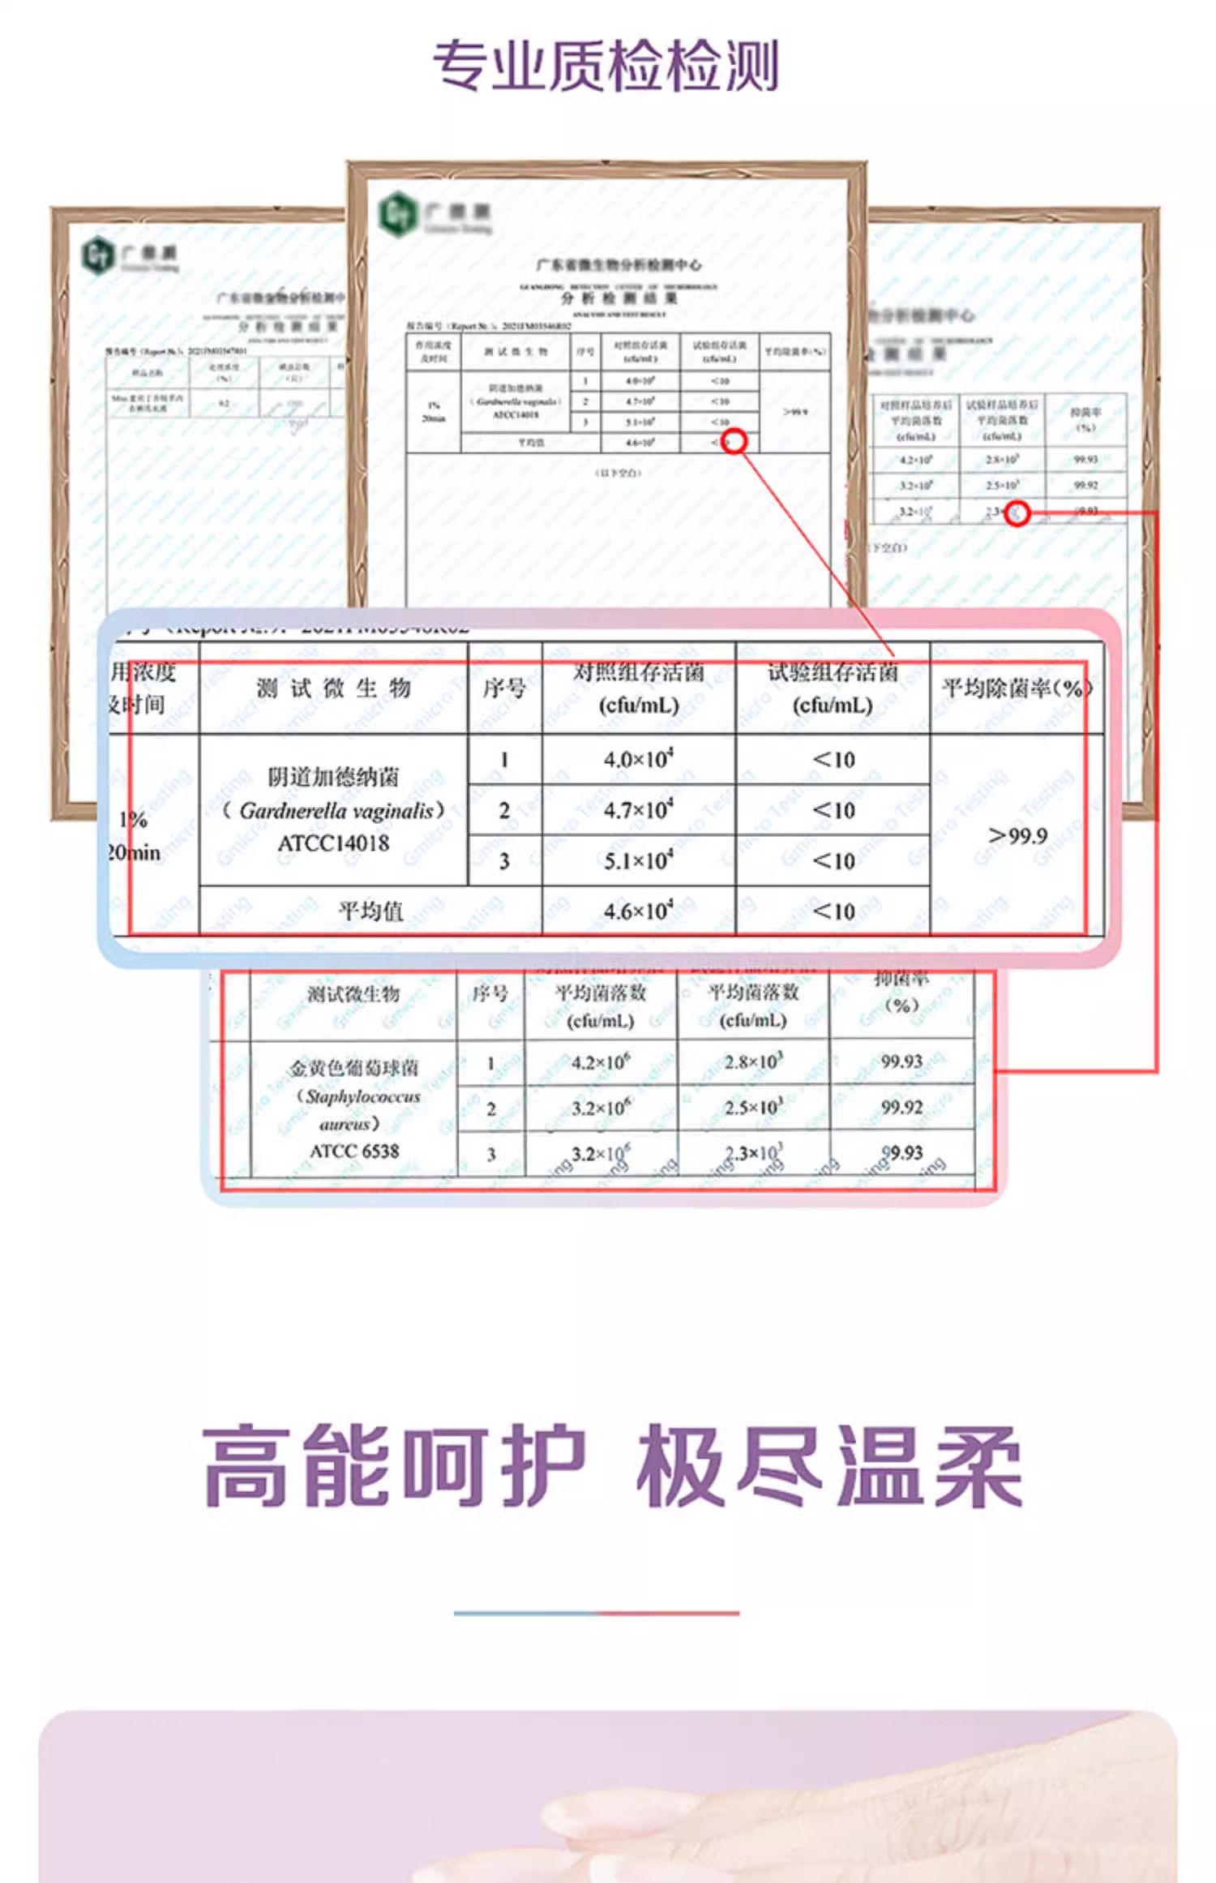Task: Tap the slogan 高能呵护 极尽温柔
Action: pyautogui.click(x=612, y=1466)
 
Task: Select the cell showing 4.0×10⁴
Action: pyautogui.click(x=638, y=760)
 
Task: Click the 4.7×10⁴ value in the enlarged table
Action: pyautogui.click(x=638, y=810)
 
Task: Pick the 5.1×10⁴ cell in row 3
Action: pyautogui.click(x=638, y=860)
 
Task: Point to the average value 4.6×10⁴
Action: pyautogui.click(x=638, y=911)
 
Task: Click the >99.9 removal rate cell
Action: pyautogui.click(x=1017, y=835)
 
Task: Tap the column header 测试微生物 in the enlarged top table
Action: pyautogui.click(x=333, y=688)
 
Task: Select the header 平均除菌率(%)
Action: pyautogui.click(x=1017, y=688)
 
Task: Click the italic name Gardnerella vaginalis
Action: pyautogui.click(x=333, y=810)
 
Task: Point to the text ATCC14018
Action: pyautogui.click(x=333, y=843)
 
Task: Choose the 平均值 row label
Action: pyautogui.click(x=370, y=911)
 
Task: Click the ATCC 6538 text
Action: pyautogui.click(x=354, y=1151)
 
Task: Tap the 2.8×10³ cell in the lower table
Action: pyautogui.click(x=753, y=1062)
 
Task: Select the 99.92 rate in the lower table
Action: pyautogui.click(x=901, y=1107)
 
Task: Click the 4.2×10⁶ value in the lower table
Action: pyautogui.click(x=600, y=1062)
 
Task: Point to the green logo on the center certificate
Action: pyautogui.click(x=397, y=214)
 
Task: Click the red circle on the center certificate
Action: pyautogui.click(x=734, y=442)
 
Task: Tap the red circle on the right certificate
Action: pyautogui.click(x=1017, y=513)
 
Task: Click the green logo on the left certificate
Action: pyautogui.click(x=96, y=255)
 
